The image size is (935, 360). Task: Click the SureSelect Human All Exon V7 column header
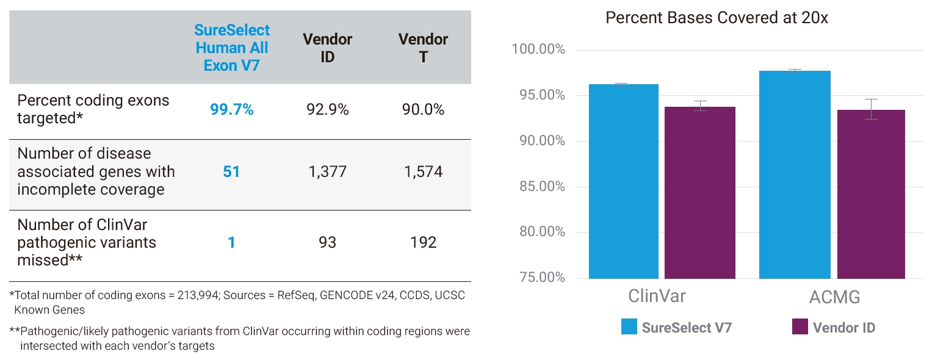click(232, 48)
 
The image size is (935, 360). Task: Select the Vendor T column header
click(423, 48)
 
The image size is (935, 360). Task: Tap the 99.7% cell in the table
click(231, 110)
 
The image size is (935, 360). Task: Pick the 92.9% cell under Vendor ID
click(328, 110)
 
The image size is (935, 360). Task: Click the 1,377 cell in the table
click(328, 172)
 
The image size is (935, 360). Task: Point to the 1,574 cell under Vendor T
click(423, 172)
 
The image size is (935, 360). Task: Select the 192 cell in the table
click(423, 243)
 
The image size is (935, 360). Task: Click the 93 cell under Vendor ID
click(328, 243)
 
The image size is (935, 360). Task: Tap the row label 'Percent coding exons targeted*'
click(93, 109)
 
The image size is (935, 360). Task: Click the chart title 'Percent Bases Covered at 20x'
click(717, 18)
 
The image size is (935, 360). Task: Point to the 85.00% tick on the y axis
click(541, 187)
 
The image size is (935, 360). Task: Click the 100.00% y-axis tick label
click(539, 49)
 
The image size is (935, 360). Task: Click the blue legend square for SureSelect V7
click(629, 326)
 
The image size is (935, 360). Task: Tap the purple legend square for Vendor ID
click(800, 326)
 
